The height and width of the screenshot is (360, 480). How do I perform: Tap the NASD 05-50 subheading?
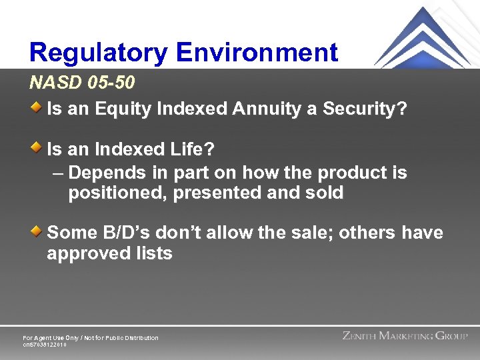pos(82,83)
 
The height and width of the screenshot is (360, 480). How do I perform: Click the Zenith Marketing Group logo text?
pos(405,336)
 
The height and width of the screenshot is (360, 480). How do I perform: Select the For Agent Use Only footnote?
pos(91,338)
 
